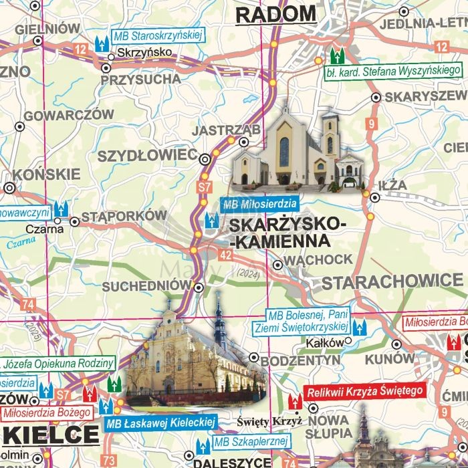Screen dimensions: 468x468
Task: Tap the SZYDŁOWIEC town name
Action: tap(146, 156)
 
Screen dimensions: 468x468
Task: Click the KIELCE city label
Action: tap(51, 435)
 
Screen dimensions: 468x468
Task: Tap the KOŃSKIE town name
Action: tap(51, 174)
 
